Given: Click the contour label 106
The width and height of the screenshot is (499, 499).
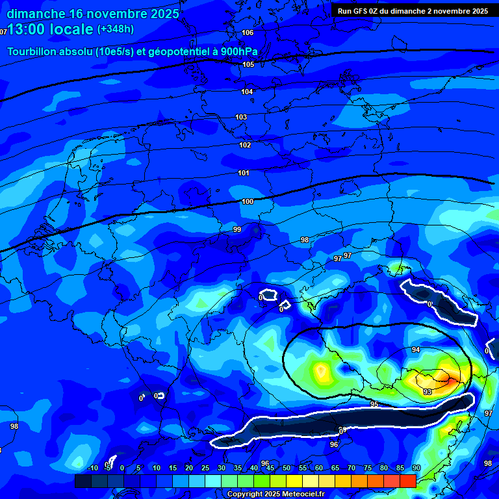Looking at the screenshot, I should (x=248, y=32).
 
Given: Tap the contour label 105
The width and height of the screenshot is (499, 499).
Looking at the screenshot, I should (x=248, y=64).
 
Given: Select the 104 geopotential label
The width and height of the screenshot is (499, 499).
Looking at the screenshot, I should (x=247, y=92).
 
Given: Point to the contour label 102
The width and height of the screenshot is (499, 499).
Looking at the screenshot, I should (x=245, y=145).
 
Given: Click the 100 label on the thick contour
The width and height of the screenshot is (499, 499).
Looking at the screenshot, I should (x=248, y=201).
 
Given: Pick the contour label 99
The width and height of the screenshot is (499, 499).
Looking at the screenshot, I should (x=237, y=229).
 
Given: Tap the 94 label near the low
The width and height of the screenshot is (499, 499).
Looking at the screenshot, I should (x=416, y=350).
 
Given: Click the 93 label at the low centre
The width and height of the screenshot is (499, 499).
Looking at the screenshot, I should (x=428, y=392).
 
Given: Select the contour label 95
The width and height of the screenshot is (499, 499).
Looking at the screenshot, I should (x=374, y=404).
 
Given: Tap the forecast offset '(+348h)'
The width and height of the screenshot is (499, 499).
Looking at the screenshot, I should (x=116, y=29).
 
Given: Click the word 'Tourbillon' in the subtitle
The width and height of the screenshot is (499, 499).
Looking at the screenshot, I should (x=33, y=52).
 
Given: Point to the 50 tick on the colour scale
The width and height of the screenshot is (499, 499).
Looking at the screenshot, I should (x=286, y=468).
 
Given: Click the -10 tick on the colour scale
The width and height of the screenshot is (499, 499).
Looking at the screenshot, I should (x=92, y=468).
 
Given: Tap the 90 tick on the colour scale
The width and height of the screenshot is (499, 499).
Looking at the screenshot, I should (x=416, y=468).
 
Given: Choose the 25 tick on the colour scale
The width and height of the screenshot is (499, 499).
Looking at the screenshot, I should (x=205, y=468).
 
